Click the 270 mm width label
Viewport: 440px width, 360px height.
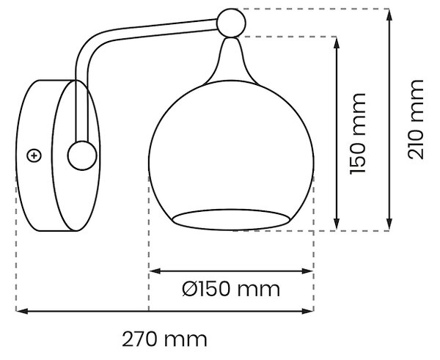(164, 339)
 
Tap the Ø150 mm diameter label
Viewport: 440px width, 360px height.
(231, 289)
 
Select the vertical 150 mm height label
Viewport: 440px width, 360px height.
(358, 133)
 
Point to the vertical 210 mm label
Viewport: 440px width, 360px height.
(415, 120)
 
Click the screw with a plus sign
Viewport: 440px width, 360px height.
(34, 155)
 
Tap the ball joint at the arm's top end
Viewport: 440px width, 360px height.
(231, 23)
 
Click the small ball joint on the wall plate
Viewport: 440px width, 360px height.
(82, 155)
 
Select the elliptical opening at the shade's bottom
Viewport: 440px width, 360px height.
(231, 219)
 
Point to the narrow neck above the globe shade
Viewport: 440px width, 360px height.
(231, 60)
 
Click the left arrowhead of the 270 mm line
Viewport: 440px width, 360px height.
(22, 311)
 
